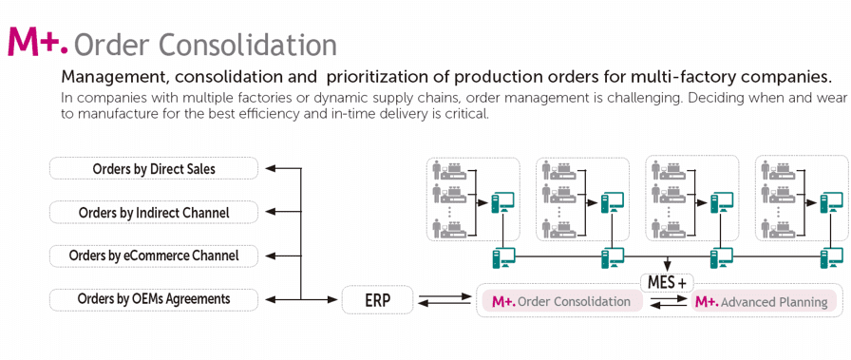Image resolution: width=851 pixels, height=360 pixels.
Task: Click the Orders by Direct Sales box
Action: coord(154,168)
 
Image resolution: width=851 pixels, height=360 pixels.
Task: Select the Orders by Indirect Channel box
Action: coord(154,212)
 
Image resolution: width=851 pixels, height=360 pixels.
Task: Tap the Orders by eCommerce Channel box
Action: coord(154,256)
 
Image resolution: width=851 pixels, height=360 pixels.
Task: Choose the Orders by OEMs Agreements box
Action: coord(154,298)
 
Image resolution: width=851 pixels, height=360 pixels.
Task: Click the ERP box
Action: coord(378,300)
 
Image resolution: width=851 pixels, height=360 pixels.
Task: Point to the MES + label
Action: coord(667,282)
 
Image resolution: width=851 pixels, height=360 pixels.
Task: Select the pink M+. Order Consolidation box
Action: coord(561,301)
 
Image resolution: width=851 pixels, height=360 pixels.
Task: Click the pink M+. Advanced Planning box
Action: coord(763,301)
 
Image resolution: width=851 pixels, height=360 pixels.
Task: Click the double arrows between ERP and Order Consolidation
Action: coord(444,300)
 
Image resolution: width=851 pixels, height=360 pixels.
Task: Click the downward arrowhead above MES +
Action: coord(667,268)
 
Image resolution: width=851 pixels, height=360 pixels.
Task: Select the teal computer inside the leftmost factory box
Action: coord(503,204)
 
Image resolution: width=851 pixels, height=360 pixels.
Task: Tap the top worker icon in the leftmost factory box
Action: coord(438,170)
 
